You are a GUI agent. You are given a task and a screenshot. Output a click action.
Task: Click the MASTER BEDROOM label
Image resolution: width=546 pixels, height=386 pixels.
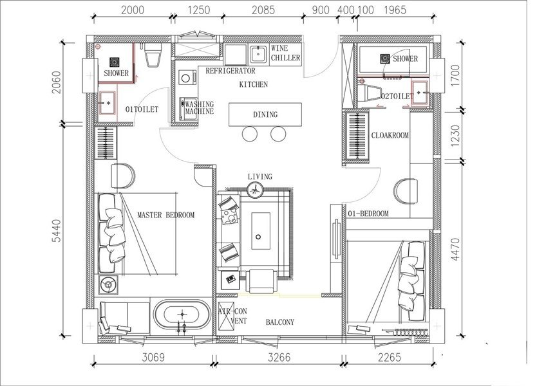165,215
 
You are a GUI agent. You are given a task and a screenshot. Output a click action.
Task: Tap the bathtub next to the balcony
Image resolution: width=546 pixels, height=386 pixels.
182,315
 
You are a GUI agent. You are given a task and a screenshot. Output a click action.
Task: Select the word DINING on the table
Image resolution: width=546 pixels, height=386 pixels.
265,115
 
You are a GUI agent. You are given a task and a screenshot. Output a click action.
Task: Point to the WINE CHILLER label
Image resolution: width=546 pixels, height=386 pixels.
285,53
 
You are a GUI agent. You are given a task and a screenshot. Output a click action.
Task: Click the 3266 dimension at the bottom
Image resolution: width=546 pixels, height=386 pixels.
279,357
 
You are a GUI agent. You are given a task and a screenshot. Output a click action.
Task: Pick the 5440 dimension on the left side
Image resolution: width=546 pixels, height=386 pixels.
56,231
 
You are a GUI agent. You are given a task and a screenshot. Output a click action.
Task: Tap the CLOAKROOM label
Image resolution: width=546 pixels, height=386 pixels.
390,135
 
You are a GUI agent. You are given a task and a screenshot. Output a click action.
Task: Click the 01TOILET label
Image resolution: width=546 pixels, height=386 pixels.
142,109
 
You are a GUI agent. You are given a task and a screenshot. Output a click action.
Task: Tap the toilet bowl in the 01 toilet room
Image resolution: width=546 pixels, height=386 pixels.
153,55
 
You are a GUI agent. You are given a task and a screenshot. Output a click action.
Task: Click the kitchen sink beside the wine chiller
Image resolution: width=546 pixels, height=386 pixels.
258,54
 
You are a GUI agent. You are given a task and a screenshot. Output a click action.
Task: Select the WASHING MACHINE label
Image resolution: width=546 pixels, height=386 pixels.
200,107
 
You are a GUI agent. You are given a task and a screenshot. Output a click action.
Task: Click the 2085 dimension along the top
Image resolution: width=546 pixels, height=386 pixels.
263,10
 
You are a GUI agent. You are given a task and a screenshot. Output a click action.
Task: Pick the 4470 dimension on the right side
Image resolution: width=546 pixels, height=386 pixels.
455,249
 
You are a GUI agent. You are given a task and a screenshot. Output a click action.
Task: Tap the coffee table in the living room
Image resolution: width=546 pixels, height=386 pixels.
261,231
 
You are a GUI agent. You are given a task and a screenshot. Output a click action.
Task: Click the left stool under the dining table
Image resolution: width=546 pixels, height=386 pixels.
250,134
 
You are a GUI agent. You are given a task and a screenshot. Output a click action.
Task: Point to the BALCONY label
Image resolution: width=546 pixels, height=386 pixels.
280,322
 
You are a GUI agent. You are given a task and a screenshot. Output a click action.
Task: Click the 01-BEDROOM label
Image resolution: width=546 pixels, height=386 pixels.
368,214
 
